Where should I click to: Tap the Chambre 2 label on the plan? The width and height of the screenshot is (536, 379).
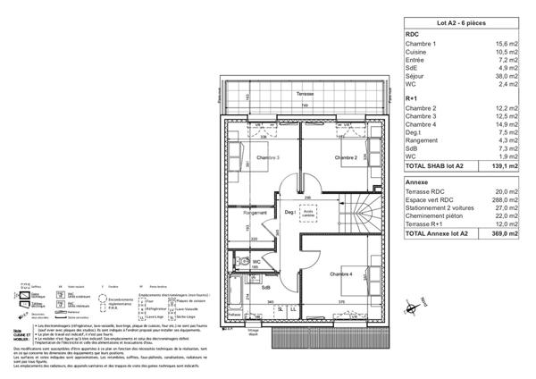click(x=347, y=158)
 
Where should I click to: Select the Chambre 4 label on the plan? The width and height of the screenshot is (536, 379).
click(x=340, y=274)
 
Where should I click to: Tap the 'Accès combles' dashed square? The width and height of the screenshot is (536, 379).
click(x=309, y=215)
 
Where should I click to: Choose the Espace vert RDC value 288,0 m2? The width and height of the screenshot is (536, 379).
click(x=506, y=201)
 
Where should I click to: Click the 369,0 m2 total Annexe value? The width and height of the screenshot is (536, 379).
click(x=506, y=234)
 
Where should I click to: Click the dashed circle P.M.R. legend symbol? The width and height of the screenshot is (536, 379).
click(x=104, y=301)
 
